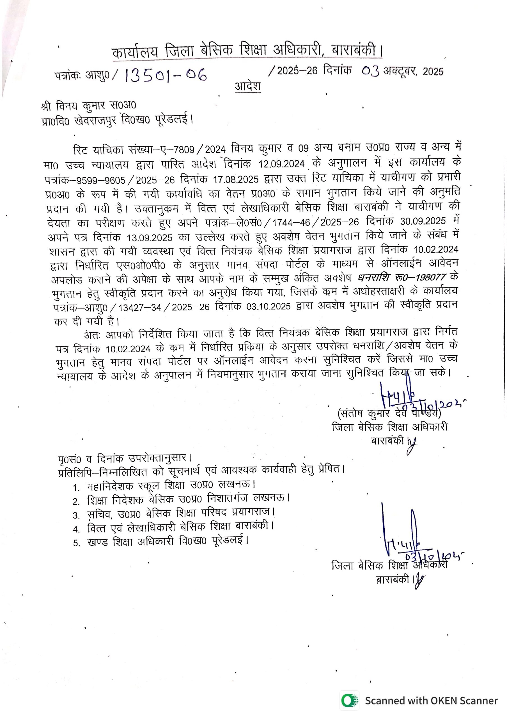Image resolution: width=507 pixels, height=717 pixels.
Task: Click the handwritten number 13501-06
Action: point(166,75)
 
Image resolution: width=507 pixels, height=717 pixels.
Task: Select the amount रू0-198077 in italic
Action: point(418,277)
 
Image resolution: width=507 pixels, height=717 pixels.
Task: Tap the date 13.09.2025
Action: point(150,238)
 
